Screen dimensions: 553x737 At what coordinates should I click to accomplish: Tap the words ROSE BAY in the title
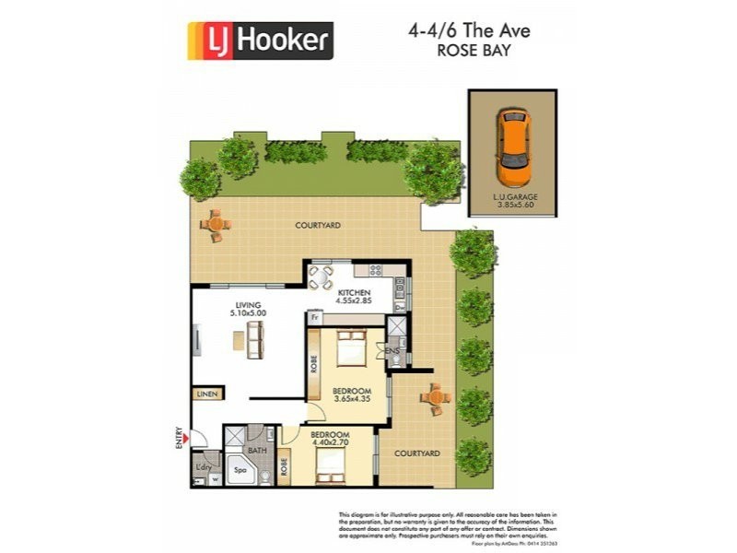tap(470, 53)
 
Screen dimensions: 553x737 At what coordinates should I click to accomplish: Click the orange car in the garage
tap(511, 147)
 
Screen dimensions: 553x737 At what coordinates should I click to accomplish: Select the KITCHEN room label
tap(353, 293)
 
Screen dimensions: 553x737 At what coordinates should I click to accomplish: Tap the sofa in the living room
tap(253, 342)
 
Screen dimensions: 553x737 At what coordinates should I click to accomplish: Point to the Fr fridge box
tap(315, 318)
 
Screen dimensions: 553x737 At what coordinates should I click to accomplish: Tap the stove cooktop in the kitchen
tap(374, 270)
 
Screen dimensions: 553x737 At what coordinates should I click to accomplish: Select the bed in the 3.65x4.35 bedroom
tap(352, 348)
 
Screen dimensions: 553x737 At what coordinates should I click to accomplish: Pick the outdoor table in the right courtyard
tap(433, 398)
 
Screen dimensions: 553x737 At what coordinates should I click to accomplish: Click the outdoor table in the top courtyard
tap(216, 224)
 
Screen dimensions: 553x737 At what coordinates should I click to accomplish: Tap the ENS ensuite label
tap(392, 351)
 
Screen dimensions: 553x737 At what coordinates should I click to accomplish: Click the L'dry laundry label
tap(204, 467)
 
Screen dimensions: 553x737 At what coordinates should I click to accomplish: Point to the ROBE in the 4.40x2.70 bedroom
tap(284, 466)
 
